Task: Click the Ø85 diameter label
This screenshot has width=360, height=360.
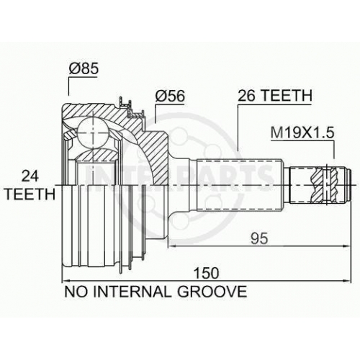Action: [84, 68]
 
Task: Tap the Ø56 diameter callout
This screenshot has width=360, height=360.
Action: [170, 96]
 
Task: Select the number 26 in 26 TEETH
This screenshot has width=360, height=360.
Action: [246, 96]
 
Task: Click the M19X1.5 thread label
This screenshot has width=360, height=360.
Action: [302, 132]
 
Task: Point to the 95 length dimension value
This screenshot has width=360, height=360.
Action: [259, 239]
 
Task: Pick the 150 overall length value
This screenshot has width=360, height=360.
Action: [207, 273]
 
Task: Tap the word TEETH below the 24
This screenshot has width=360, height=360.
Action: [30, 194]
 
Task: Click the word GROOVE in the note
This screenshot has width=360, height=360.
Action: [212, 292]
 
